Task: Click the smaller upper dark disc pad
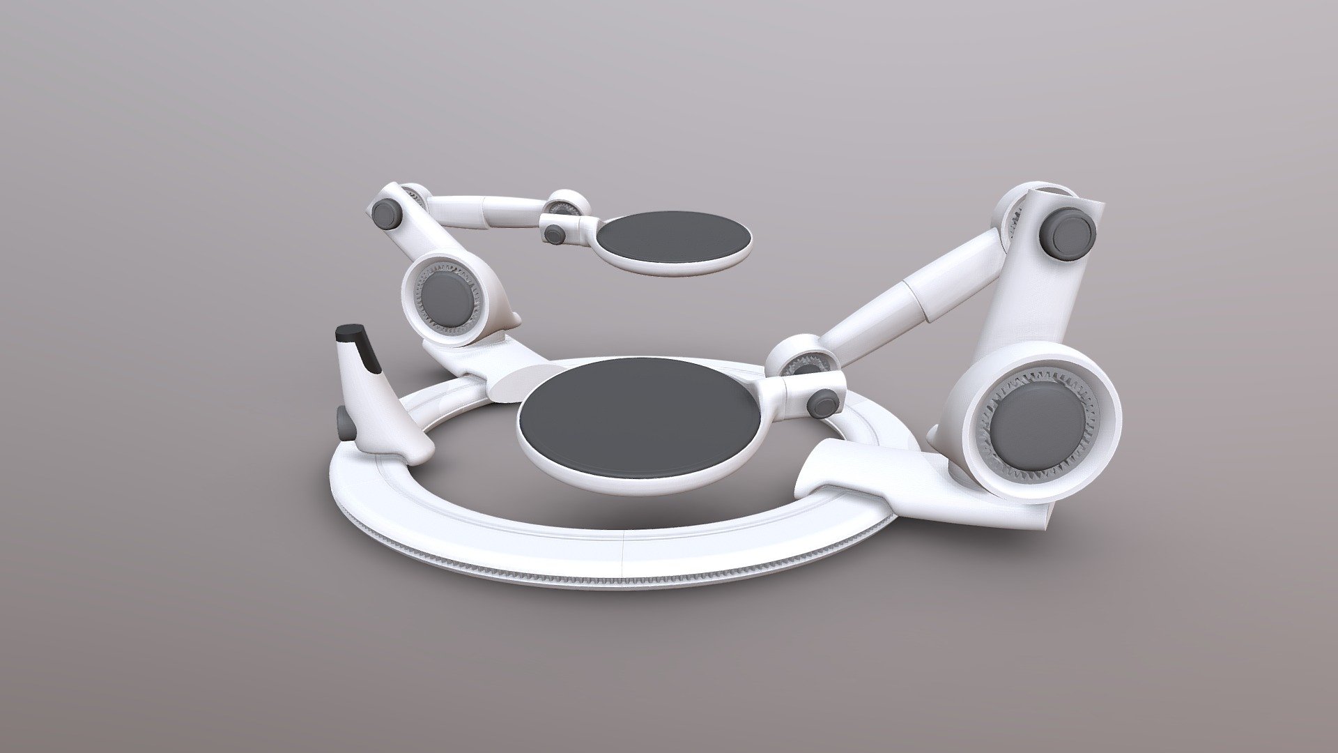coord(675,238)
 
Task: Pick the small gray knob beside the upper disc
coord(555,233)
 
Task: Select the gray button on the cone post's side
coord(344,421)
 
